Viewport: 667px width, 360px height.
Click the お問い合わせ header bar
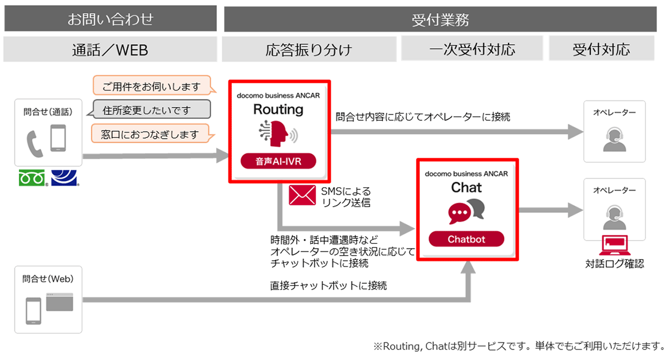coord(110,19)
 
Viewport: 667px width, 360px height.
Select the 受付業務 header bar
coord(440,19)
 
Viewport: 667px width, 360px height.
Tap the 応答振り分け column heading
coord(309,49)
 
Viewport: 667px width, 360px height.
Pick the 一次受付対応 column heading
coord(472,49)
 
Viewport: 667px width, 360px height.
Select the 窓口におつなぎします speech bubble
coord(151,134)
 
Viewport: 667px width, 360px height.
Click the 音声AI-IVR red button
coord(278,162)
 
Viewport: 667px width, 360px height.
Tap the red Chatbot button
coord(466,239)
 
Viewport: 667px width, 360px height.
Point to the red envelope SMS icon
coord(302,196)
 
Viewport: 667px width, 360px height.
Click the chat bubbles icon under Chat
coord(466,211)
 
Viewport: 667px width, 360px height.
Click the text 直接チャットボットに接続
coord(328,286)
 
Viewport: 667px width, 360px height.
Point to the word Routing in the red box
coord(278,109)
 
